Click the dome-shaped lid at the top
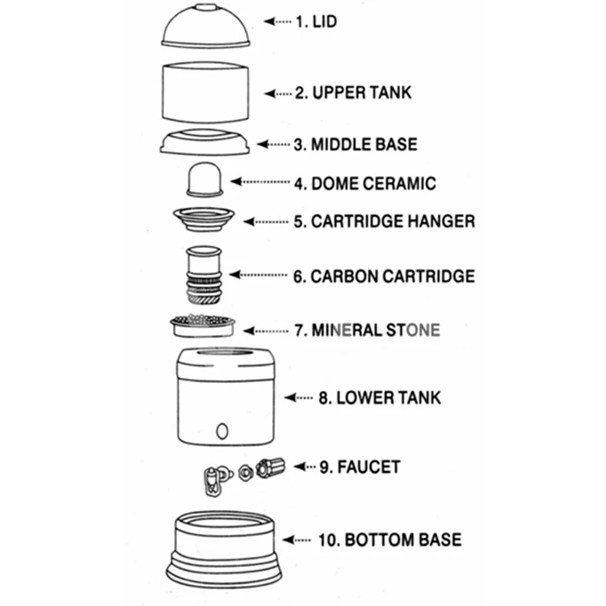click(x=206, y=28)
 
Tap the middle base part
click(x=207, y=141)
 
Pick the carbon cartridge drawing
click(x=204, y=275)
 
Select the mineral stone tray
click(x=203, y=326)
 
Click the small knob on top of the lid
click(x=207, y=7)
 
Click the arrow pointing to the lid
click(x=276, y=22)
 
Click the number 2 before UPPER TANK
click(x=301, y=92)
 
